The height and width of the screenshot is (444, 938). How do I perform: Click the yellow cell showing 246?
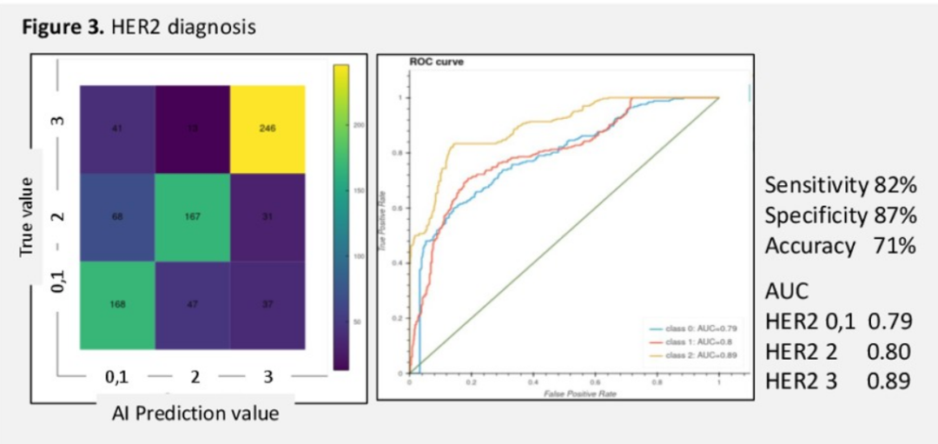[x=268, y=129]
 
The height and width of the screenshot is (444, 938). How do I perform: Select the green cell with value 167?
[x=193, y=216]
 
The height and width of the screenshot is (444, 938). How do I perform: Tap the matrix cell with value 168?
[x=117, y=305]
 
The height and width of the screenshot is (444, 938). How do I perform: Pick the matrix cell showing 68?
[x=117, y=216]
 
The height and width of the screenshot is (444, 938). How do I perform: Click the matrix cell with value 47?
[x=193, y=305]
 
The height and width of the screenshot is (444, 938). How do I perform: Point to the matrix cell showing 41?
[x=117, y=129]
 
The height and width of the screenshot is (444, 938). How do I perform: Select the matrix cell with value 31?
[x=268, y=216]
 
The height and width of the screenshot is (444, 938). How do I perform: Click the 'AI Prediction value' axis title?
[x=195, y=414]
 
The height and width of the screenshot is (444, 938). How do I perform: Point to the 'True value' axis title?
[x=29, y=216]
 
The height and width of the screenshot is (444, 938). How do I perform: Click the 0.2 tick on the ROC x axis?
[x=471, y=381]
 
